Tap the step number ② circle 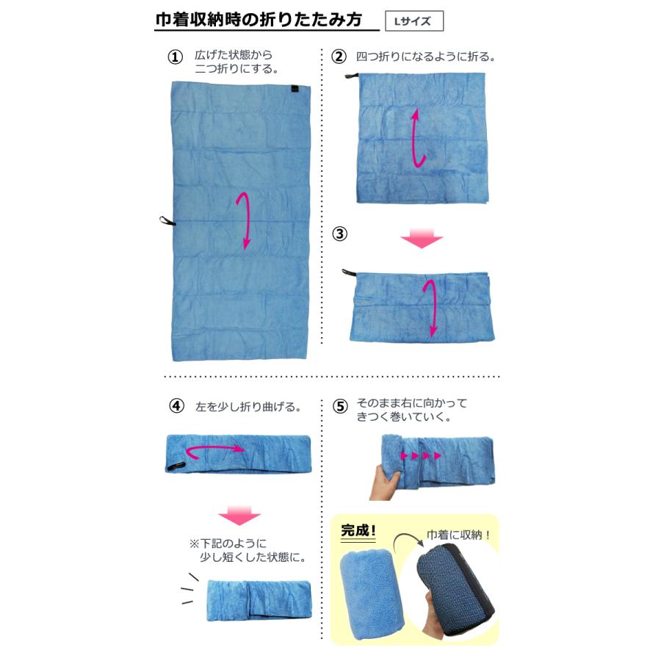[x=339, y=57]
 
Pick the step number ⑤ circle [x=339, y=405]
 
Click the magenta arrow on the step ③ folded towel [x=433, y=308]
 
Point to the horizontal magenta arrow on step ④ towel [x=214, y=449]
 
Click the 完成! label [x=358, y=530]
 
